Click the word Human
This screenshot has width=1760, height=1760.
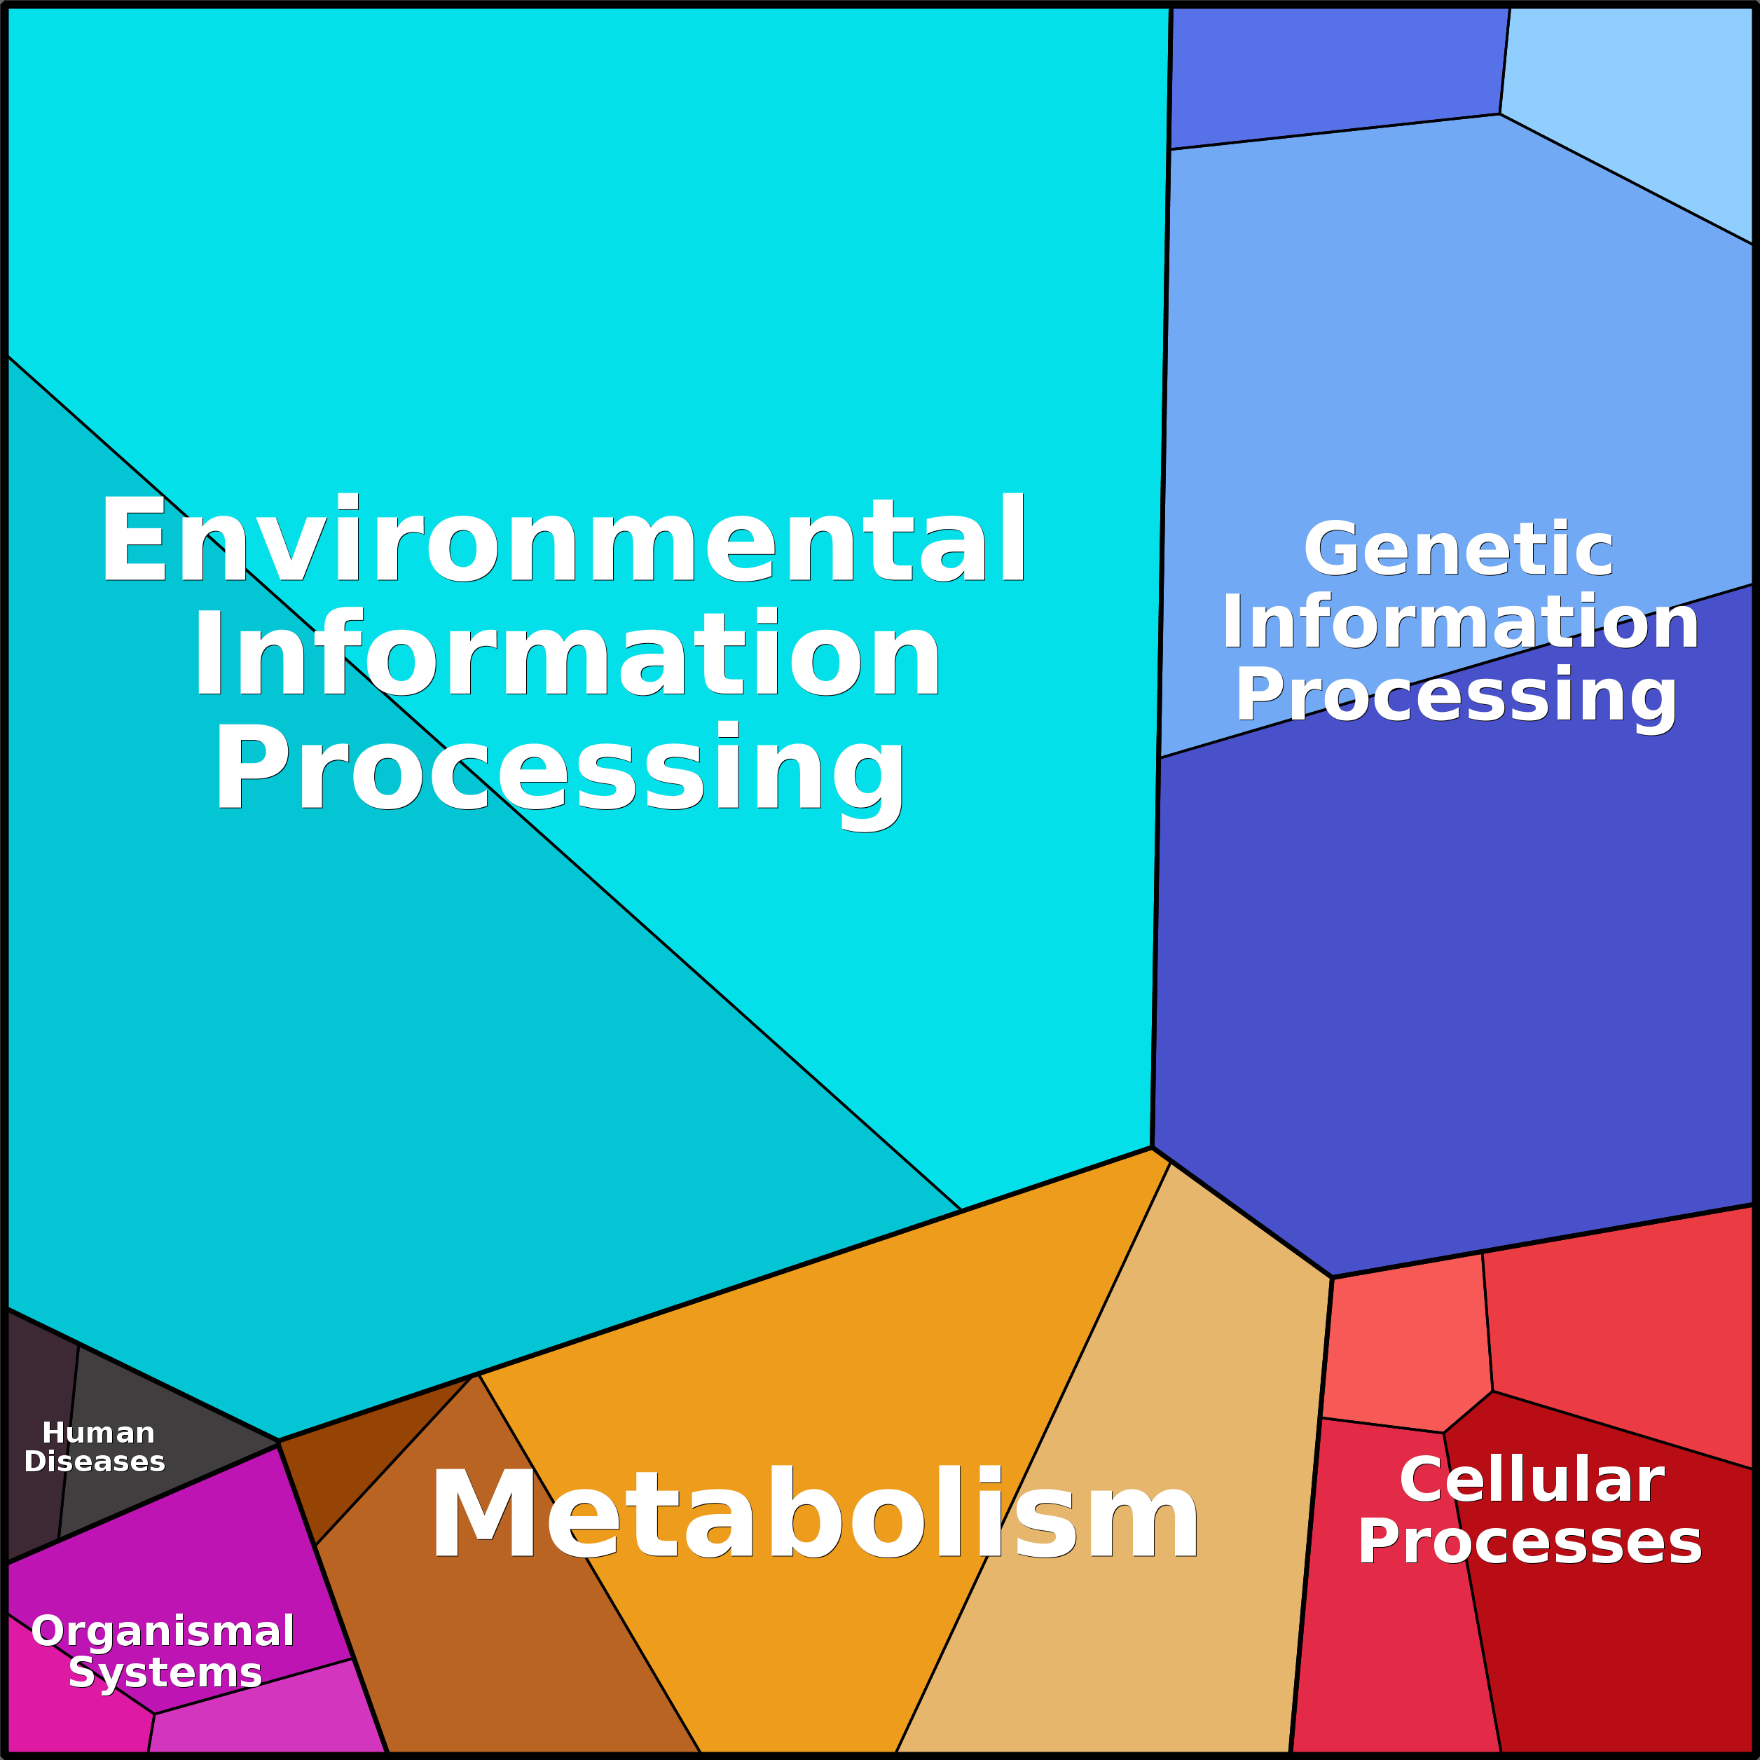pyautogui.click(x=98, y=1433)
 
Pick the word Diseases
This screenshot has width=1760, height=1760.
pyautogui.click(x=95, y=1462)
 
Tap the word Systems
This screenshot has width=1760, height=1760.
pyautogui.click(x=165, y=1673)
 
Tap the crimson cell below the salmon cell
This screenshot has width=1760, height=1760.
pyautogui.click(x=1389, y=1585)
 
